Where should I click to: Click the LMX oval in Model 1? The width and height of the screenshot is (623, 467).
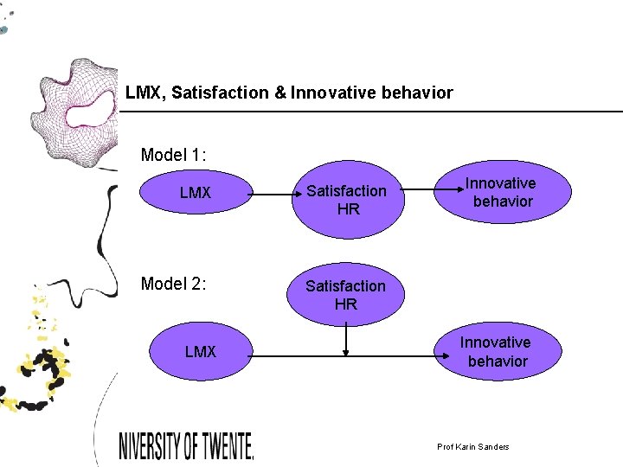(195, 192)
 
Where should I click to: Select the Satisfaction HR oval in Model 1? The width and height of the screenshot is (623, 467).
(346, 199)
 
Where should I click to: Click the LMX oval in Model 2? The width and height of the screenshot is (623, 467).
(200, 352)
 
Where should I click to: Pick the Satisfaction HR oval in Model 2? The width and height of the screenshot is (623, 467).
(346, 294)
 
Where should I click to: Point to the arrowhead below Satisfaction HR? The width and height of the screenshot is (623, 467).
(346, 351)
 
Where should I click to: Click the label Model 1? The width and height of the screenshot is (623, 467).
(173, 155)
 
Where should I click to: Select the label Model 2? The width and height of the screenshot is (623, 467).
(173, 283)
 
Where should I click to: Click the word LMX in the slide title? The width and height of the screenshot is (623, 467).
(145, 93)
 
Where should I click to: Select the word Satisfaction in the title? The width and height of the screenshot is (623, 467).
(221, 93)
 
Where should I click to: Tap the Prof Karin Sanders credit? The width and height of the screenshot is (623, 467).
(473, 446)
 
